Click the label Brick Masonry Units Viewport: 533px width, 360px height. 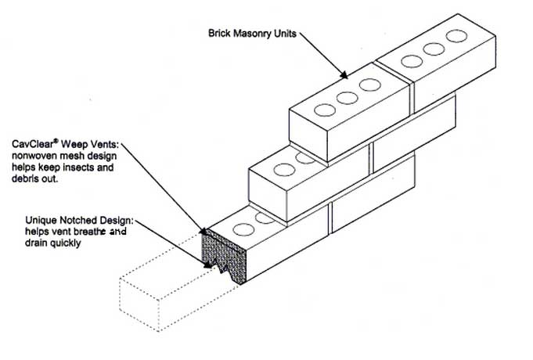[248, 34]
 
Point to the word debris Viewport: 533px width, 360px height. [30, 178]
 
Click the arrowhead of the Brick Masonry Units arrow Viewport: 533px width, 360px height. [344, 76]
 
